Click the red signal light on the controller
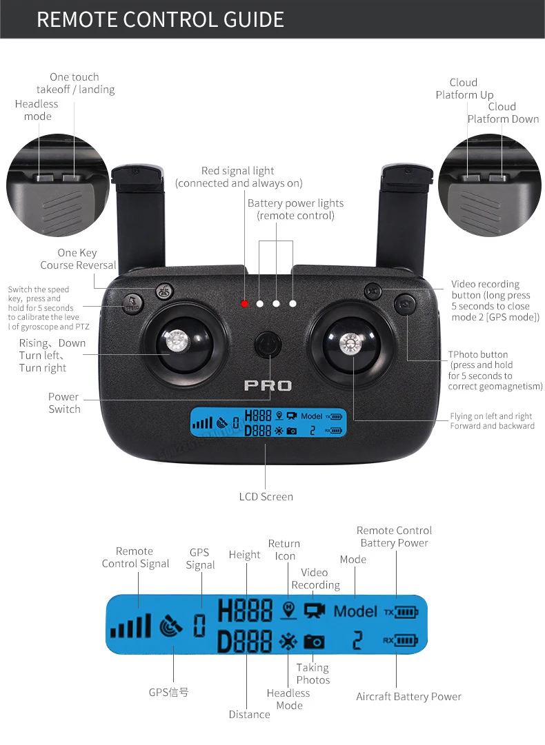(244, 303)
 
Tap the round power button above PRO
(267, 345)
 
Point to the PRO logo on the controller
(268, 386)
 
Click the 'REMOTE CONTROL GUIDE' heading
(160, 19)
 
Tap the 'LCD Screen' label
(266, 497)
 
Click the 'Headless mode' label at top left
(37, 110)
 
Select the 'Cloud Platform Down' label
(503, 113)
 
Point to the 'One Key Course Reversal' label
(78, 259)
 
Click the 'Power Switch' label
(64, 403)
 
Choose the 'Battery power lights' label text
(295, 210)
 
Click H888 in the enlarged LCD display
(244, 611)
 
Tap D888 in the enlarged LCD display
(244, 641)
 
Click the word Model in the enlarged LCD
(355, 611)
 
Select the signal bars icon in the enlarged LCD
(130, 626)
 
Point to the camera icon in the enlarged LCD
(314, 642)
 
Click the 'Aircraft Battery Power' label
(408, 697)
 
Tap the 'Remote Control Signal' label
(135, 558)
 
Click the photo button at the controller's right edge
(404, 305)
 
